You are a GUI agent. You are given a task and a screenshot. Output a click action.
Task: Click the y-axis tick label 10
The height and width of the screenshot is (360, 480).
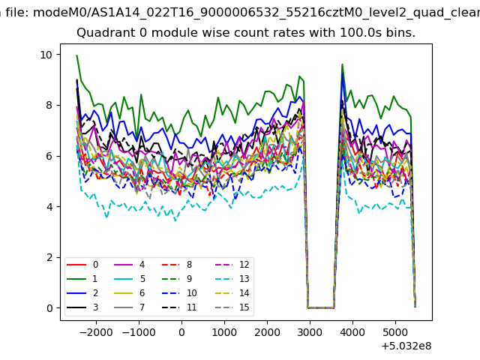pyautogui.click(x=46, y=55)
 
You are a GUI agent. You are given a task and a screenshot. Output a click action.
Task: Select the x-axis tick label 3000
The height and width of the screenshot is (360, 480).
pyautogui.click(x=310, y=329)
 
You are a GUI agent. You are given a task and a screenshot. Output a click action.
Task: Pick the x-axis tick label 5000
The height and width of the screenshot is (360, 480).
pyautogui.click(x=395, y=329)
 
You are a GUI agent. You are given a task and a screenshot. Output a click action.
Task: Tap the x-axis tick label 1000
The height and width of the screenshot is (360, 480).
pyautogui.click(x=224, y=329)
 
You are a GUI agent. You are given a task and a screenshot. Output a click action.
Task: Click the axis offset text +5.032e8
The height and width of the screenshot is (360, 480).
pyautogui.click(x=403, y=346)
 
